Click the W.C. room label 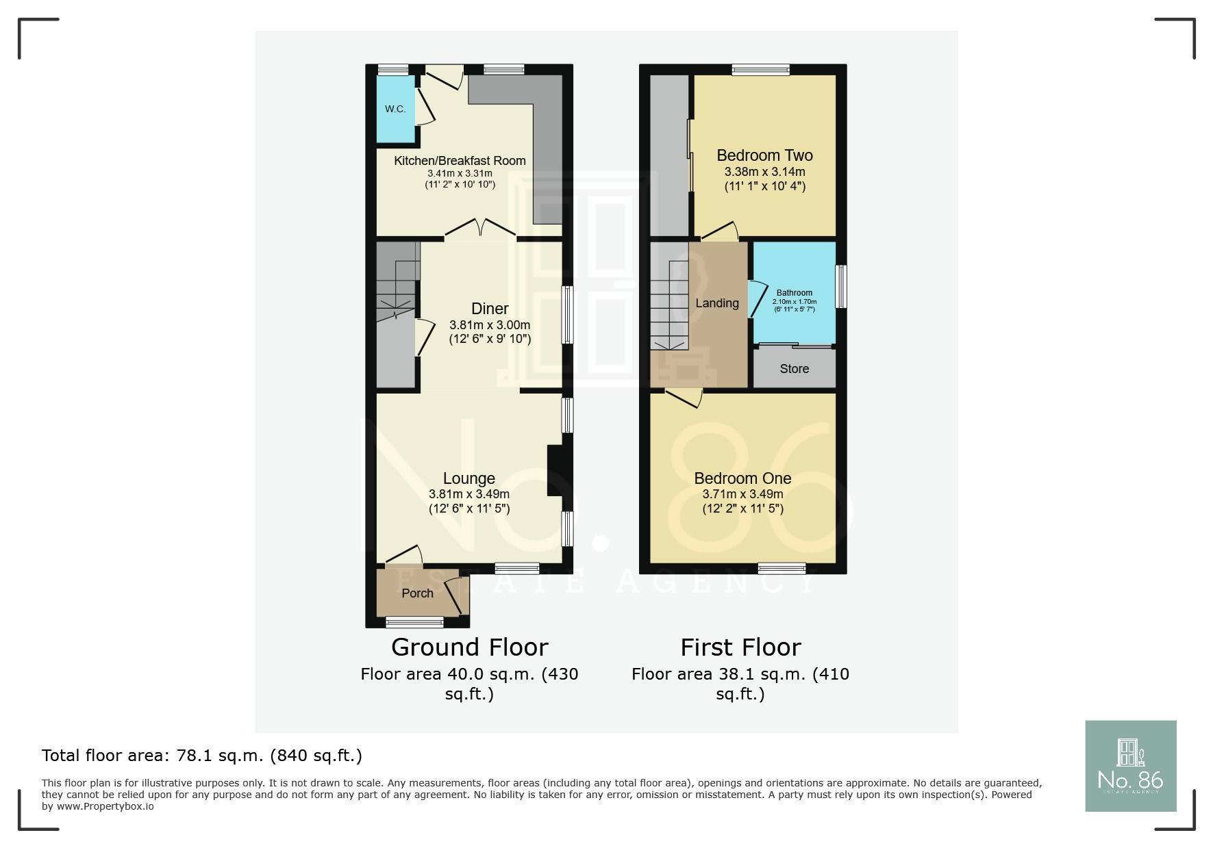tap(395, 109)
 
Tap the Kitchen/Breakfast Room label tap(460, 161)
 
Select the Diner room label tap(490, 309)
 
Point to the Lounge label tap(469, 478)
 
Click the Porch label tap(417, 593)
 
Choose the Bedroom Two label tap(765, 155)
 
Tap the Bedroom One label tap(742, 478)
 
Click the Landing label tap(717, 303)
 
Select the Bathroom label tap(795, 293)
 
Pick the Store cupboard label tap(795, 369)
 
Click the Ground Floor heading tap(470, 647)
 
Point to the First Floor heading tap(741, 647)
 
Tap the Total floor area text tap(202, 756)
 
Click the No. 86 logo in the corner tap(1131, 766)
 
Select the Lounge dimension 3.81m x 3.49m tap(469, 494)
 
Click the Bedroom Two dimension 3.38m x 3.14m tap(765, 172)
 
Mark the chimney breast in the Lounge tap(555, 471)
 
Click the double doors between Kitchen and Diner tap(481, 229)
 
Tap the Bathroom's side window tap(841, 286)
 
